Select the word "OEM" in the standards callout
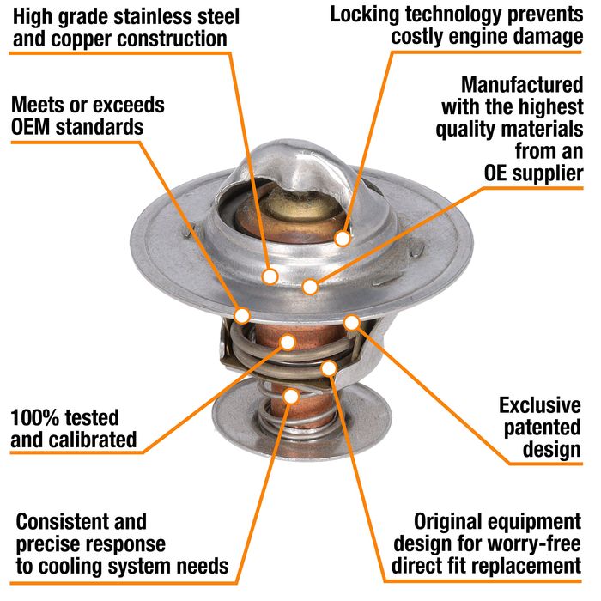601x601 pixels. point(31,127)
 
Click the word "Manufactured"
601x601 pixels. point(522,85)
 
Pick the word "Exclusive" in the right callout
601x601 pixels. point(540,405)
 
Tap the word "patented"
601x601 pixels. point(543,428)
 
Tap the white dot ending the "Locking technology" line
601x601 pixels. point(343,239)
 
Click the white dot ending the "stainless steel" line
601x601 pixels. point(270,276)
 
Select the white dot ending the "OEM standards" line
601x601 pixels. point(242,316)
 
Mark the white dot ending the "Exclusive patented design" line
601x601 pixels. point(351,323)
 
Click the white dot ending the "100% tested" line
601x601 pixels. point(288,342)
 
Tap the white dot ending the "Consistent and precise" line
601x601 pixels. point(291,397)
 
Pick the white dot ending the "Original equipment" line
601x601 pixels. point(329,368)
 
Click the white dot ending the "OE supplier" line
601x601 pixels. point(310,286)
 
